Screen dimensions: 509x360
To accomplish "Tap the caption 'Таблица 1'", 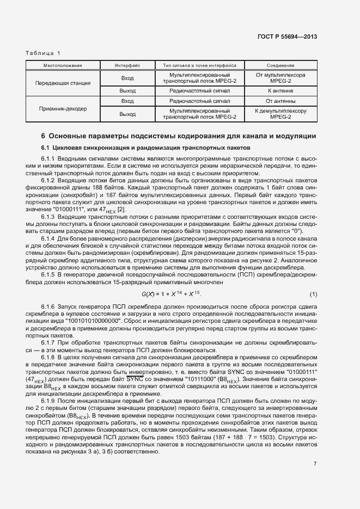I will coord(43,53).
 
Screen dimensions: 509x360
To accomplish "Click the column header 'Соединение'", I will coord(280,65).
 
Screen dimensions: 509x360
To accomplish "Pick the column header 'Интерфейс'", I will coord(127,65).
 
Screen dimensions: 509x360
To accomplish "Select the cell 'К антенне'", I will coord(280,91).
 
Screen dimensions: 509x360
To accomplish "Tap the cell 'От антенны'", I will coord(280,101).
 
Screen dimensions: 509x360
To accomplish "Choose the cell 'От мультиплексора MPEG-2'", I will coord(280,77).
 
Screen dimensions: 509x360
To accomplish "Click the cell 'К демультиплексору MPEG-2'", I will coord(280,114).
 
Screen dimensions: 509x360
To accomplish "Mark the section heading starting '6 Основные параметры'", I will coord(179,136).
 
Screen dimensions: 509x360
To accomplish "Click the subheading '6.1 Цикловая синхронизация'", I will coord(145,148).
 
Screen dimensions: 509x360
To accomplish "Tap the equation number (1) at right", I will coord(313,295).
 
